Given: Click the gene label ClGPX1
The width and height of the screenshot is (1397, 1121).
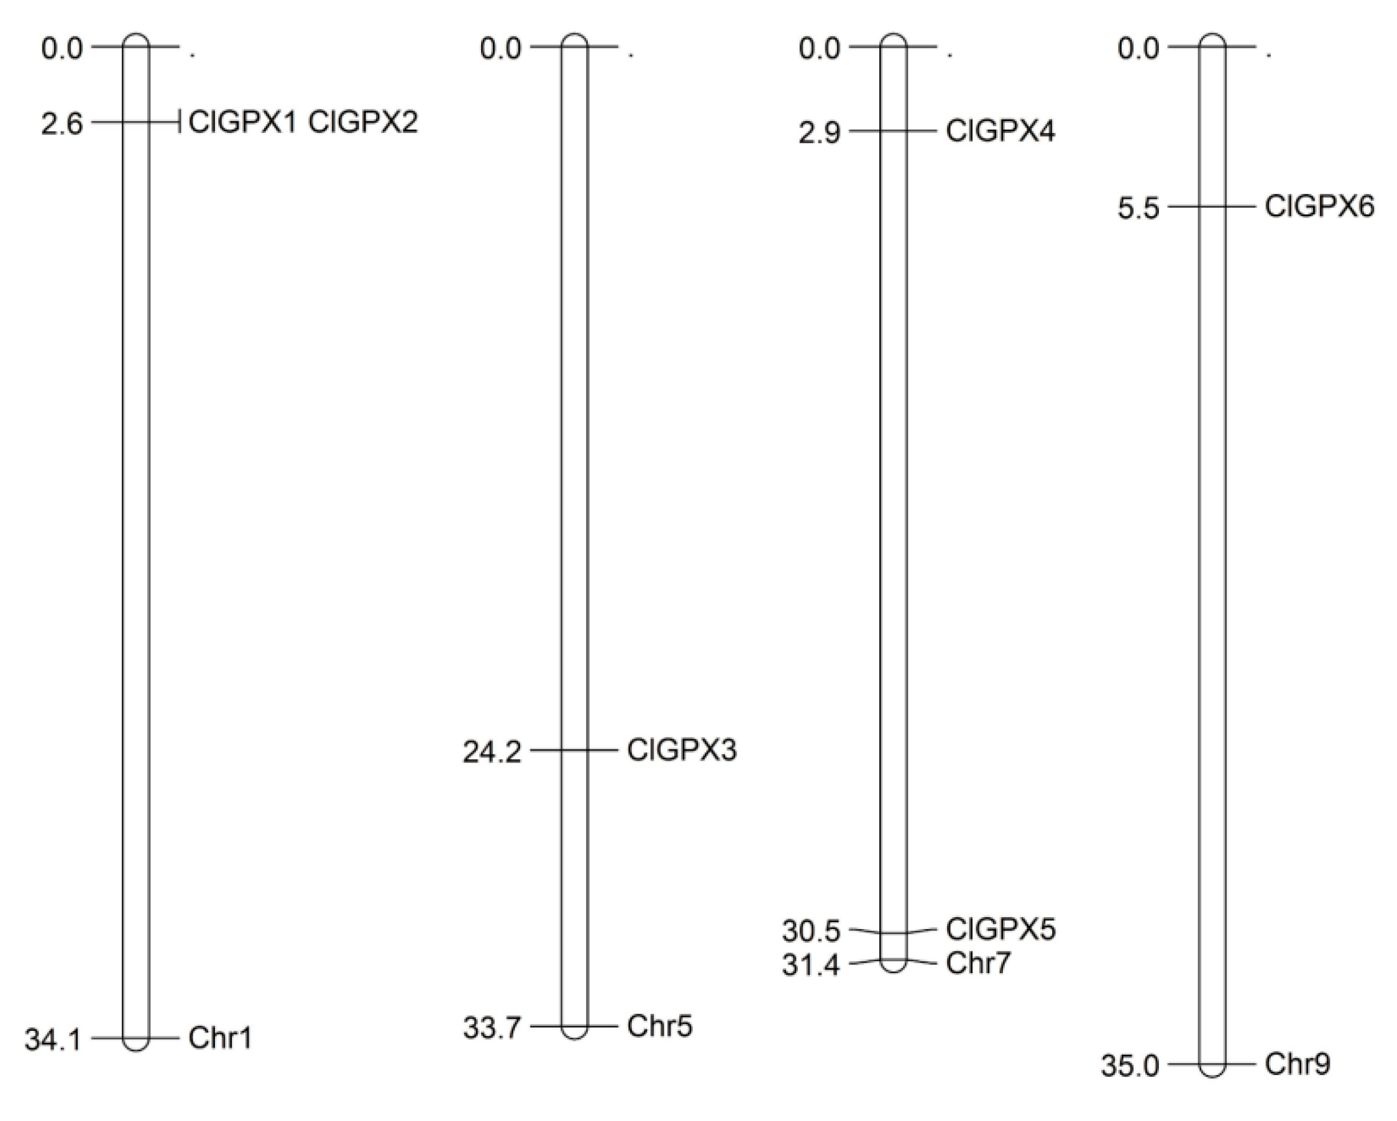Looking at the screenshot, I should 242,122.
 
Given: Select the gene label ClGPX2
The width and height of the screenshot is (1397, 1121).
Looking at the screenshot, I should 363,122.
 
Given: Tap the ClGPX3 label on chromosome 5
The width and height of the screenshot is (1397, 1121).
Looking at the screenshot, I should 682,751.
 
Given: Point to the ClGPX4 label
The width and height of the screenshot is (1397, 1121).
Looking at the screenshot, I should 1001,132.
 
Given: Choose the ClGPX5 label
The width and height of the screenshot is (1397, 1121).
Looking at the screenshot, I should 1001,929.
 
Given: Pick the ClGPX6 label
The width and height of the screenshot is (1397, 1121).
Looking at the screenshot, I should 1319,207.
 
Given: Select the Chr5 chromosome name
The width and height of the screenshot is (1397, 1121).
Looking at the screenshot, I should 659,1026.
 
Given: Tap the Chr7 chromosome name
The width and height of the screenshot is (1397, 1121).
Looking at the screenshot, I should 978,964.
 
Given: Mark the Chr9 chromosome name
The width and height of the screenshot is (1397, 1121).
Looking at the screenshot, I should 1297,1064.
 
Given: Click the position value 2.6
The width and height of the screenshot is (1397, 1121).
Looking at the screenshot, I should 62,124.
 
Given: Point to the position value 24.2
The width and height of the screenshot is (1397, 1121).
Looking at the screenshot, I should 492,753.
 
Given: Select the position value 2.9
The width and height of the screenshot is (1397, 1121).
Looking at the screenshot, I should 819,134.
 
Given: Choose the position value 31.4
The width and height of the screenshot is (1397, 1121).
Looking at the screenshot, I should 810,966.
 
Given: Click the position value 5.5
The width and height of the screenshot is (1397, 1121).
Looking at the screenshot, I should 1138,209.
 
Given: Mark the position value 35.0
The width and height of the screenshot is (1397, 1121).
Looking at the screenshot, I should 1130,1066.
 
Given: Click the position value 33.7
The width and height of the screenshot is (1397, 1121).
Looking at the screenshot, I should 492,1028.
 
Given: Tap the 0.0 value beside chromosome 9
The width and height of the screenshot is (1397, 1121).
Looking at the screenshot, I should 1138,48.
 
